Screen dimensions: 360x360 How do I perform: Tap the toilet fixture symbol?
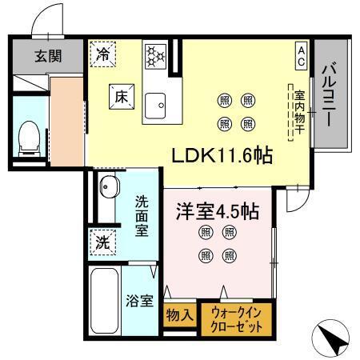click(30, 137)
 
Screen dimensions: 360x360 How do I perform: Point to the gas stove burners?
click(154, 55)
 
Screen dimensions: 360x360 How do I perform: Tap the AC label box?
click(302, 54)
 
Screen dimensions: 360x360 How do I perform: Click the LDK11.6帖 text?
click(222, 155)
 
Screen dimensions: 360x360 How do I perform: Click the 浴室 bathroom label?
click(141, 301)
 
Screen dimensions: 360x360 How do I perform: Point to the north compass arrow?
click(334, 338)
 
